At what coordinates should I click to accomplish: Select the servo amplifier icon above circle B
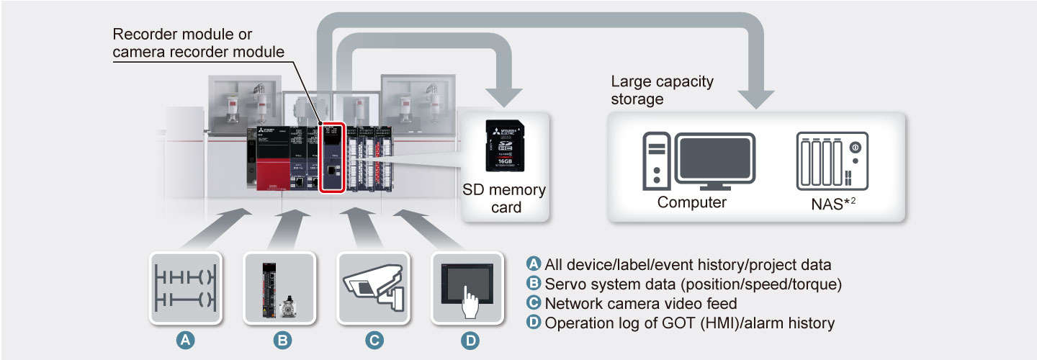click(280, 287)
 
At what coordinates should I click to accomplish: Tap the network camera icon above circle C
click(373, 287)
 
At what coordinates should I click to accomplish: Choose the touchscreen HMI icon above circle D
click(467, 287)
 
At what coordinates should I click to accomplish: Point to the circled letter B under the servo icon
click(281, 341)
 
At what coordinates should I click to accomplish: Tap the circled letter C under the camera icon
click(374, 341)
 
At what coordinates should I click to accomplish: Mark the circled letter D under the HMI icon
click(467, 341)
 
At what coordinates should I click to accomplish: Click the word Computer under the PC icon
click(691, 202)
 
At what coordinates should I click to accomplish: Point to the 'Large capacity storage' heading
click(662, 90)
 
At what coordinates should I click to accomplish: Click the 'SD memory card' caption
click(505, 199)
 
